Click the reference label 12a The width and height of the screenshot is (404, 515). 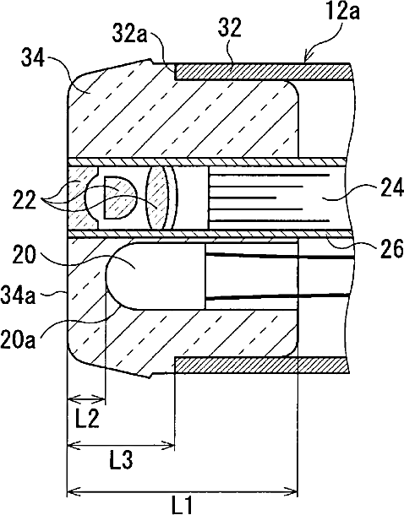pyautogui.click(x=344, y=12)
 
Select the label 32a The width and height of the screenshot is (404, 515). pyautogui.click(x=130, y=33)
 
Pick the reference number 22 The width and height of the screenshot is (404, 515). pyautogui.click(x=25, y=200)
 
